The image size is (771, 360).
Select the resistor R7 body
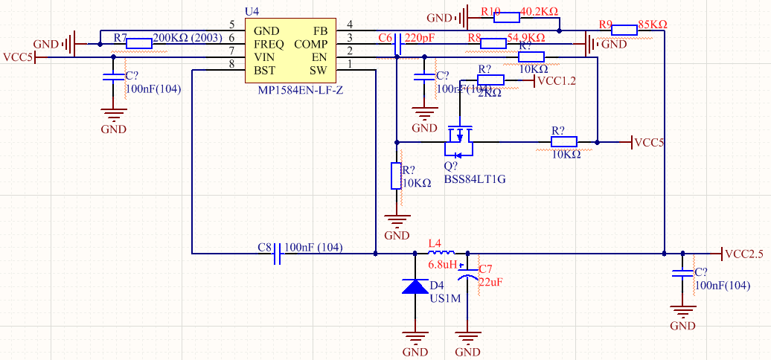tap(139, 44)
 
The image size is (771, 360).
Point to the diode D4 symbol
tap(415, 286)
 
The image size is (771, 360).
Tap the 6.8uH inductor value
tap(441, 265)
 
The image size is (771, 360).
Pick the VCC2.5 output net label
tap(743, 254)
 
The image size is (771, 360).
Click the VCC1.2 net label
tap(557, 81)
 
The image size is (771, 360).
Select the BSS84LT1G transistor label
tap(475, 179)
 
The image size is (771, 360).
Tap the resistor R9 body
tap(624, 30)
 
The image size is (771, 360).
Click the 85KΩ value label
tap(653, 25)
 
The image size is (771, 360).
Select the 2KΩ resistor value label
tap(489, 93)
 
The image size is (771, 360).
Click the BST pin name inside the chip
tap(266, 71)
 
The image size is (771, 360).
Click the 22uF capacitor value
tap(491, 282)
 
